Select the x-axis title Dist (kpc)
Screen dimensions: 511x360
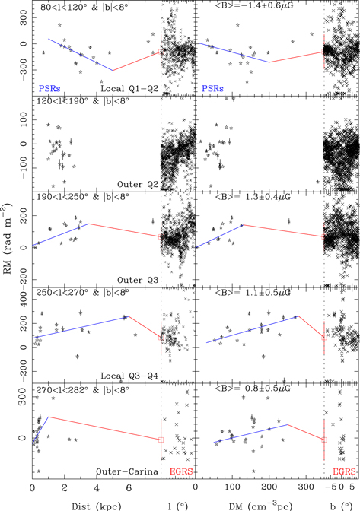click(x=76, y=502)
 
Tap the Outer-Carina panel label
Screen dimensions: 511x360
click(x=123, y=472)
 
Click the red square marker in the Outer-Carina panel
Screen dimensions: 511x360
click(x=161, y=440)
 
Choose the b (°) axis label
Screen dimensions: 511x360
click(x=341, y=502)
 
